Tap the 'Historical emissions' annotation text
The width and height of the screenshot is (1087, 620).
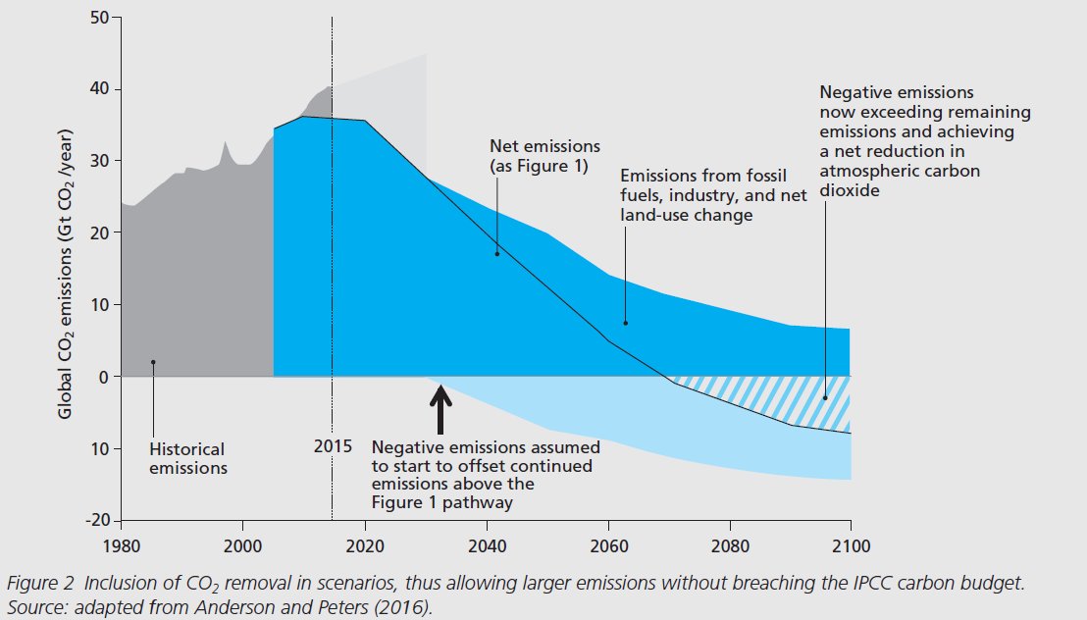(188, 458)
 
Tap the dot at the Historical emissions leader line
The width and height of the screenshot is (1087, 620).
(153, 362)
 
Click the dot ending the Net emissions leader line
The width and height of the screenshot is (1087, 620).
(497, 254)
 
